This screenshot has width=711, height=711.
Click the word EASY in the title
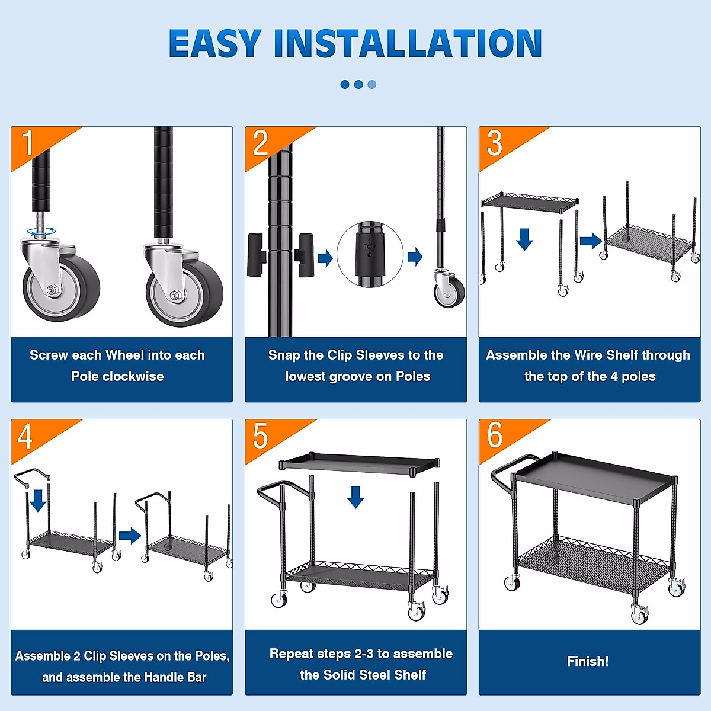pyautogui.click(x=215, y=43)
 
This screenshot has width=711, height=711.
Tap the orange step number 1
pyautogui.click(x=28, y=143)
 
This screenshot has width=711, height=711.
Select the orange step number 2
pyautogui.click(x=261, y=143)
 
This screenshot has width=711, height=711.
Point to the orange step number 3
pyautogui.click(x=494, y=143)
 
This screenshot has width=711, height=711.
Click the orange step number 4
pyautogui.click(x=25, y=435)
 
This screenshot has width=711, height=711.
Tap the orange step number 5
pyautogui.click(x=261, y=435)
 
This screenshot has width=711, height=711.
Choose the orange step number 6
pyautogui.click(x=494, y=435)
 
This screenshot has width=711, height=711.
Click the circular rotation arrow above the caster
pyautogui.click(x=41, y=232)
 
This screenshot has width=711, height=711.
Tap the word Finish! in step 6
pyautogui.click(x=588, y=662)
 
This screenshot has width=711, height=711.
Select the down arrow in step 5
pyautogui.click(x=355, y=497)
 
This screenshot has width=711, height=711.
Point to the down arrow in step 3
pyautogui.click(x=524, y=239)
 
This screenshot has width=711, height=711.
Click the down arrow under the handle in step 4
pyautogui.click(x=38, y=501)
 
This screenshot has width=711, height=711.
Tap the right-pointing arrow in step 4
pyautogui.click(x=130, y=536)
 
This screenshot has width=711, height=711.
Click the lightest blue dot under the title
pyautogui.click(x=372, y=85)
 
